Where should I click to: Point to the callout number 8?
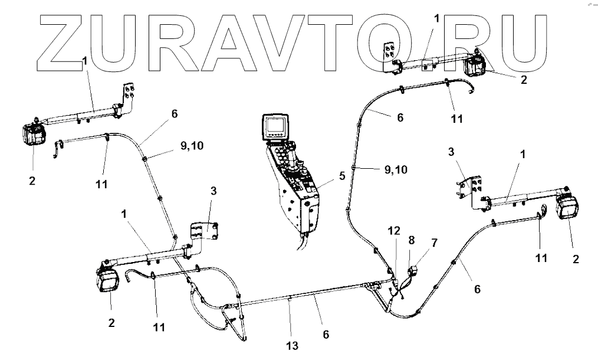412,240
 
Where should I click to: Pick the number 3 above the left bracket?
213,191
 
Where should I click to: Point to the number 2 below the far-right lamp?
576,258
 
